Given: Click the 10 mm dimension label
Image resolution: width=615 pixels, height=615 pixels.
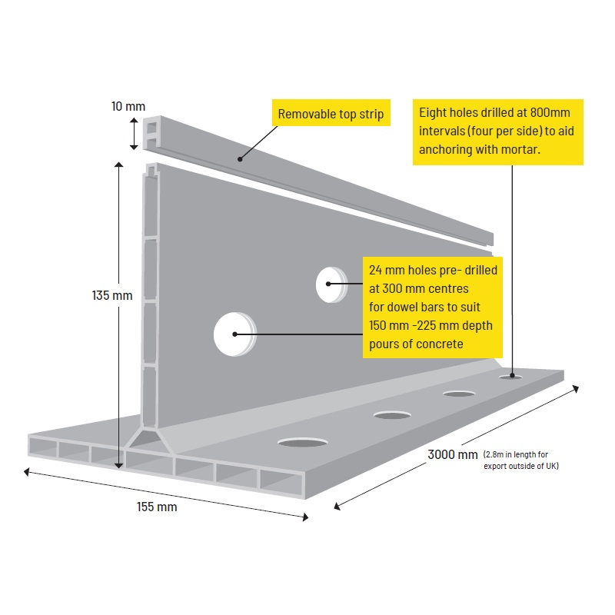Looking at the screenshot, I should pyautogui.click(x=128, y=106).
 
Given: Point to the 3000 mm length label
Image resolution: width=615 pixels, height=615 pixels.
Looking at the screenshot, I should pyautogui.click(x=453, y=454).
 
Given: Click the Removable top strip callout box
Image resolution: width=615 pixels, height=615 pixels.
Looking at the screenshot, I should pyautogui.click(x=331, y=115).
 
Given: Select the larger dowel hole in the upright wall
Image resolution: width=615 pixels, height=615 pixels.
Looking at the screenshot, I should pyautogui.click(x=233, y=334).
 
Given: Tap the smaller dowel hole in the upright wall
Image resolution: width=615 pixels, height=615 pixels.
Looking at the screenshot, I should pyautogui.click(x=331, y=284).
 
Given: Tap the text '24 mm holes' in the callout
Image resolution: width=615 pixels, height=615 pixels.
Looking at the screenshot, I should pyautogui.click(x=399, y=271).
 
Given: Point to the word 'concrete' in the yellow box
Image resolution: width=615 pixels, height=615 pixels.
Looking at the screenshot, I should pyautogui.click(x=440, y=344).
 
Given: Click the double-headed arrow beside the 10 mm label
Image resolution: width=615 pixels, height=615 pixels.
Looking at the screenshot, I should pyautogui.click(x=135, y=133).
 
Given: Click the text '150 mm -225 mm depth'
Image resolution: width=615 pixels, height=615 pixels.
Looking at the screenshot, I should pyautogui.click(x=430, y=325).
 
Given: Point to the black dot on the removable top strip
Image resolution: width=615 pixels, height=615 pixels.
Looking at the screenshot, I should pyautogui.click(x=240, y=159).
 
